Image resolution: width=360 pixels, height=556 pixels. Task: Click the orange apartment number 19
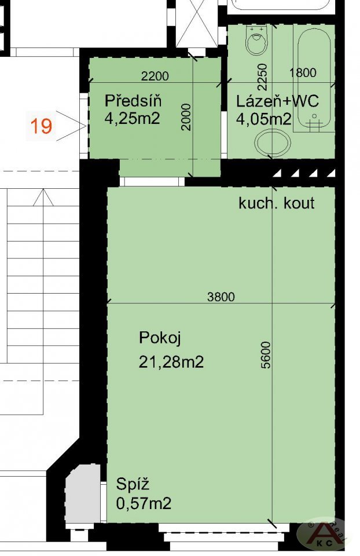[41, 126]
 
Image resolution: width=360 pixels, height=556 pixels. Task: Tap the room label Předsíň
[133, 101]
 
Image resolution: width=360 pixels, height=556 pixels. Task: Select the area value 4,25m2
[132, 118]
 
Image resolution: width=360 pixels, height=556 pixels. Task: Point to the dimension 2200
[155, 76]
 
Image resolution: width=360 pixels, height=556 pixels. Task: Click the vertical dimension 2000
[186, 117]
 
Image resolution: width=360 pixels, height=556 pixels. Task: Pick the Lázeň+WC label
[277, 101]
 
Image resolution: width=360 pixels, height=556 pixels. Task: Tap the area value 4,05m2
[263, 119]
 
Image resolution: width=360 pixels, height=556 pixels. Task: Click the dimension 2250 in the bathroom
[262, 76]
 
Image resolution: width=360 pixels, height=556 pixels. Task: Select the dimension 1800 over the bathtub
[303, 72]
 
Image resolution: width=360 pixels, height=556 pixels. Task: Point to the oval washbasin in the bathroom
[273, 143]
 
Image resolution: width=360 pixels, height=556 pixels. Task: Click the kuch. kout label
[277, 203]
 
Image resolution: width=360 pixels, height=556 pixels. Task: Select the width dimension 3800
[221, 297]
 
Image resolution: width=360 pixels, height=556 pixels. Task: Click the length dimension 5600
[266, 355]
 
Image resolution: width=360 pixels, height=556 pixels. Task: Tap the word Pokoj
[160, 338]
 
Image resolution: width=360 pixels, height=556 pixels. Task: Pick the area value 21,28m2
[171, 363]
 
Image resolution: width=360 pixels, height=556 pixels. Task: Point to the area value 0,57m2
[144, 503]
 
